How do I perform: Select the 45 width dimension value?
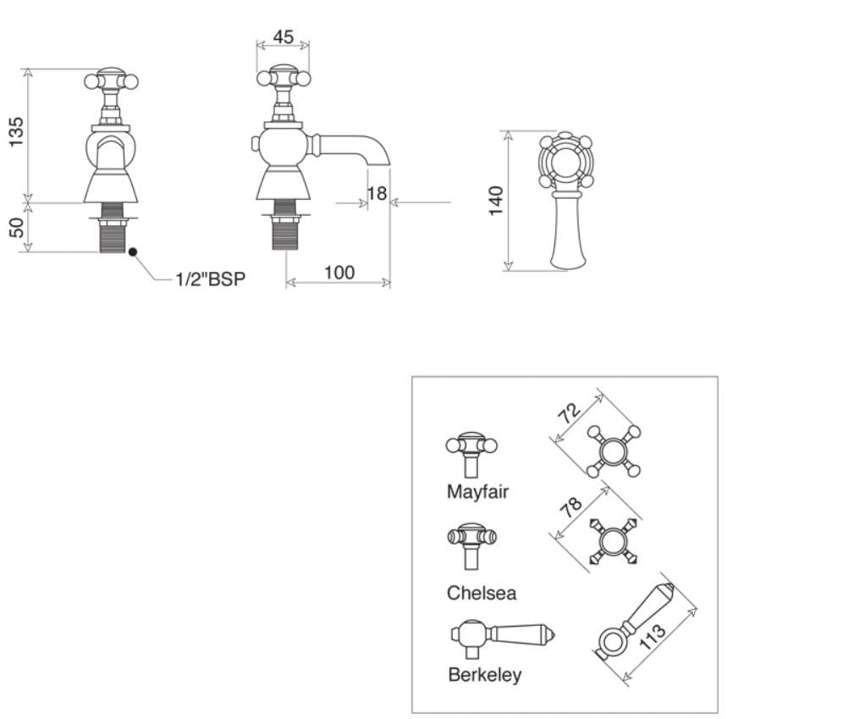[283, 38]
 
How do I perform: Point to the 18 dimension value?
[377, 194]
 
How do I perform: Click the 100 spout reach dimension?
[338, 273]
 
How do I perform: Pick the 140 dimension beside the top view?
[496, 201]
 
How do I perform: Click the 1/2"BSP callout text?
[211, 279]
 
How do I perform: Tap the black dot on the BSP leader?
[132, 252]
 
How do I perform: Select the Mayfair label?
[477, 491]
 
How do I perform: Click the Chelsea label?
[481, 593]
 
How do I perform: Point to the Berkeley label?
[484, 675]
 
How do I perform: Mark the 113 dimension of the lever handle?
[652, 637]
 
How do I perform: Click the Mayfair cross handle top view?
[613, 451]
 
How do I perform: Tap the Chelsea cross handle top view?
[613, 540]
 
